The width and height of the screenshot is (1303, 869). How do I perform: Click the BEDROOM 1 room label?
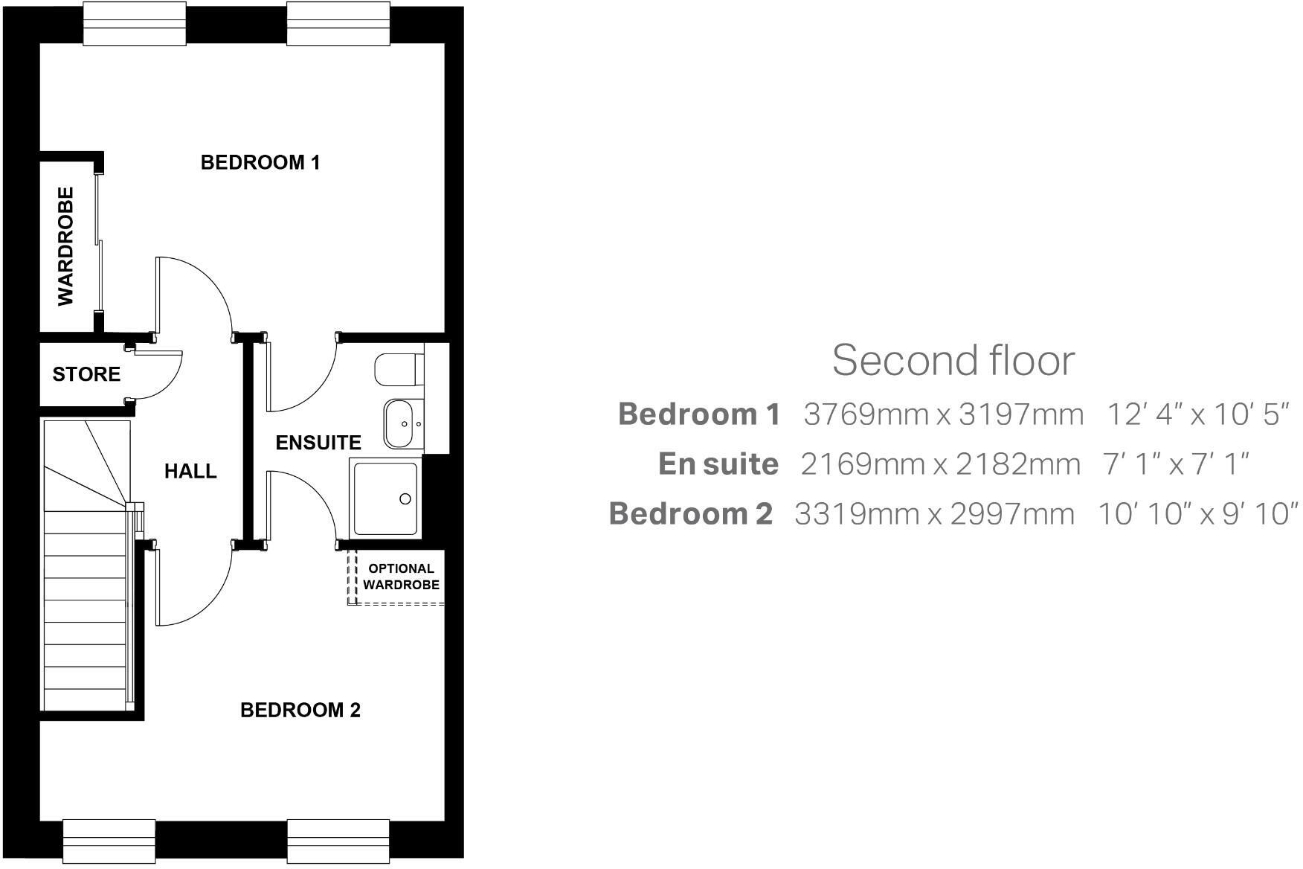point(260,162)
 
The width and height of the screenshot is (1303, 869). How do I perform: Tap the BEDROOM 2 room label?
point(300,711)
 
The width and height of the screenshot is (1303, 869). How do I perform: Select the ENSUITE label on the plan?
point(318,443)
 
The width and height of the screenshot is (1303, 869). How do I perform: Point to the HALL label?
point(190,471)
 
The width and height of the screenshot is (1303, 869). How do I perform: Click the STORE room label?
point(86,374)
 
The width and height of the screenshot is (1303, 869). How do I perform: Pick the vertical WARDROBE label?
point(66,246)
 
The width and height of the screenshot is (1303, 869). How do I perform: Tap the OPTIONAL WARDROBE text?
point(401,577)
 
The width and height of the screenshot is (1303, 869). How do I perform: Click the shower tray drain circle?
point(405,499)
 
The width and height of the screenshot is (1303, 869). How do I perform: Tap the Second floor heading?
point(953,360)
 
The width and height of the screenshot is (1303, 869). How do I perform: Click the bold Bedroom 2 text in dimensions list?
point(691,514)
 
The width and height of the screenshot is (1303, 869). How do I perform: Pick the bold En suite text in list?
point(718,464)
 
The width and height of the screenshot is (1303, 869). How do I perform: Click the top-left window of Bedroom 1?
point(135,25)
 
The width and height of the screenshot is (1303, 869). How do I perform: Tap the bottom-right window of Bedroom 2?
point(338,841)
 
